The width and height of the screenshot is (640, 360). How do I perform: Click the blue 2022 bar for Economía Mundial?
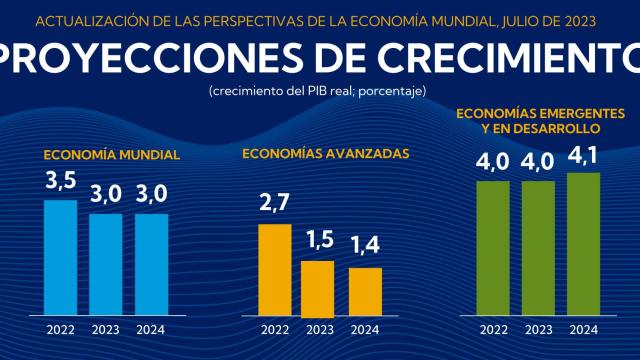60,256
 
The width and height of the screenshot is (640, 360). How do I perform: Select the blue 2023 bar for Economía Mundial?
106,263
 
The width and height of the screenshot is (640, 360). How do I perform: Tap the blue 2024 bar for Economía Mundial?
152,263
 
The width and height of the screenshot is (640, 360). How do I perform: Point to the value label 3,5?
60,183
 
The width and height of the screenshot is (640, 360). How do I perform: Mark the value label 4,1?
584,156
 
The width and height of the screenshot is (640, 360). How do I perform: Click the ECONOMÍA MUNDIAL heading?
111,156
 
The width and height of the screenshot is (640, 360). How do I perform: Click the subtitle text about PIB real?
319,91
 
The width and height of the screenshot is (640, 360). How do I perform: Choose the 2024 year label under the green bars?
584,329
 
